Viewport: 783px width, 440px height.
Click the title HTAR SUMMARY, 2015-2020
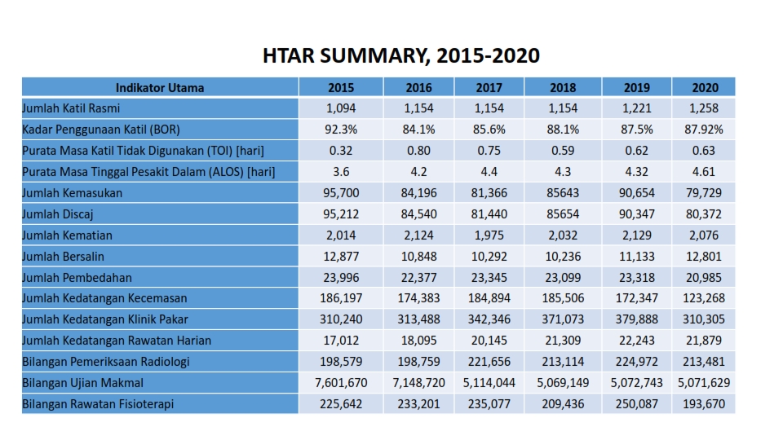401,55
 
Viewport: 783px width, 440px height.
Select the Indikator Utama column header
160,87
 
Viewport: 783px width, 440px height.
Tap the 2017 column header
489,87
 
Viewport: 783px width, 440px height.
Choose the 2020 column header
705,87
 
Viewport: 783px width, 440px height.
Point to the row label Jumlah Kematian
67,235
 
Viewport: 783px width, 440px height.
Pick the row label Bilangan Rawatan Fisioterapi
97,403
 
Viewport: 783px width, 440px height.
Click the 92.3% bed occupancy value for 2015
341,129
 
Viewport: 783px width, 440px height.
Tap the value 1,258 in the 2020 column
705,108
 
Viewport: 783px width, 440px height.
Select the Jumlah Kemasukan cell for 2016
418,192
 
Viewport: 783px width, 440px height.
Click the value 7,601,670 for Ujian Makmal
341,382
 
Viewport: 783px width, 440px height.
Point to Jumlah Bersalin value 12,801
705,256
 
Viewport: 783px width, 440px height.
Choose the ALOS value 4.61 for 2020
705,171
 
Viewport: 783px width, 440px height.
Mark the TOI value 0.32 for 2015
341,150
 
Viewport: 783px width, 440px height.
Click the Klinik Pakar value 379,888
636,319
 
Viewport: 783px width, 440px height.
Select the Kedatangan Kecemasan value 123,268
705,298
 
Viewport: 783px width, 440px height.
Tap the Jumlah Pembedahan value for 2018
563,277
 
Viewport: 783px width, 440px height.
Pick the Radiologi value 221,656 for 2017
489,361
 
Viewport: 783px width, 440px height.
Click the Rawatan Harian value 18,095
418,340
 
